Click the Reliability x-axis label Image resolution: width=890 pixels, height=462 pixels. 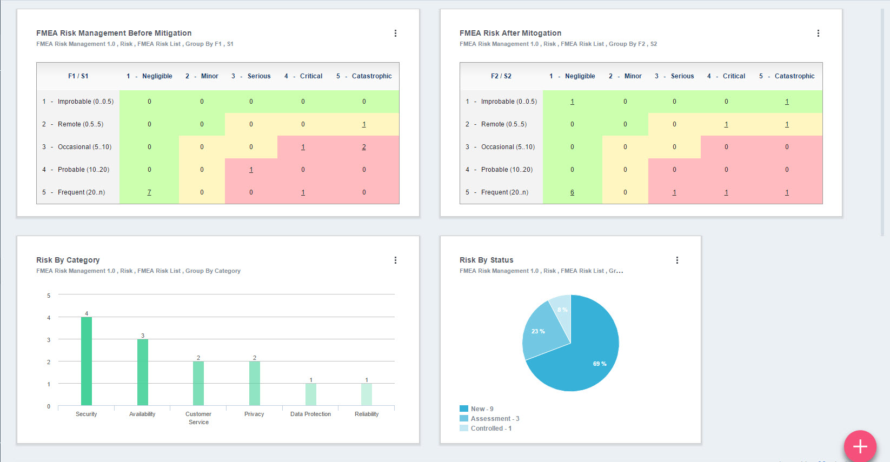[x=367, y=414]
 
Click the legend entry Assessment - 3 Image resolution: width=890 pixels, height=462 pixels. [x=494, y=419]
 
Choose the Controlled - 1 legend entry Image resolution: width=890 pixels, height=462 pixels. [x=490, y=428]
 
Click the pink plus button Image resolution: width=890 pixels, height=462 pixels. [x=860, y=446]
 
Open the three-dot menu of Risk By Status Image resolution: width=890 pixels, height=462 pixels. [x=677, y=260]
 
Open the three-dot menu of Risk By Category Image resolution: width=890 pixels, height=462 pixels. [x=395, y=260]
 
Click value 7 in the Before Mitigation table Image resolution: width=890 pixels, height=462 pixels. [x=149, y=192]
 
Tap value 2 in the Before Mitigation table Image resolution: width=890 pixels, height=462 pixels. [x=364, y=147]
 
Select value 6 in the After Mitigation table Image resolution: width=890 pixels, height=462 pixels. [x=572, y=192]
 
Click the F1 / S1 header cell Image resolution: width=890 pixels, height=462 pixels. [x=78, y=76]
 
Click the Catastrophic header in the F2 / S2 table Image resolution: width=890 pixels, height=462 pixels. [x=794, y=76]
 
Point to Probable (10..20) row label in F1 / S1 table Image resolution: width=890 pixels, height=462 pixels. [x=83, y=170]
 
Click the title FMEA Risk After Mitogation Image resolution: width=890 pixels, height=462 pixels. [x=510, y=33]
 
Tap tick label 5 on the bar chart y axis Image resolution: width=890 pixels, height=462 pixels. [x=49, y=296]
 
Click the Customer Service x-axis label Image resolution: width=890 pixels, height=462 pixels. [x=198, y=418]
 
